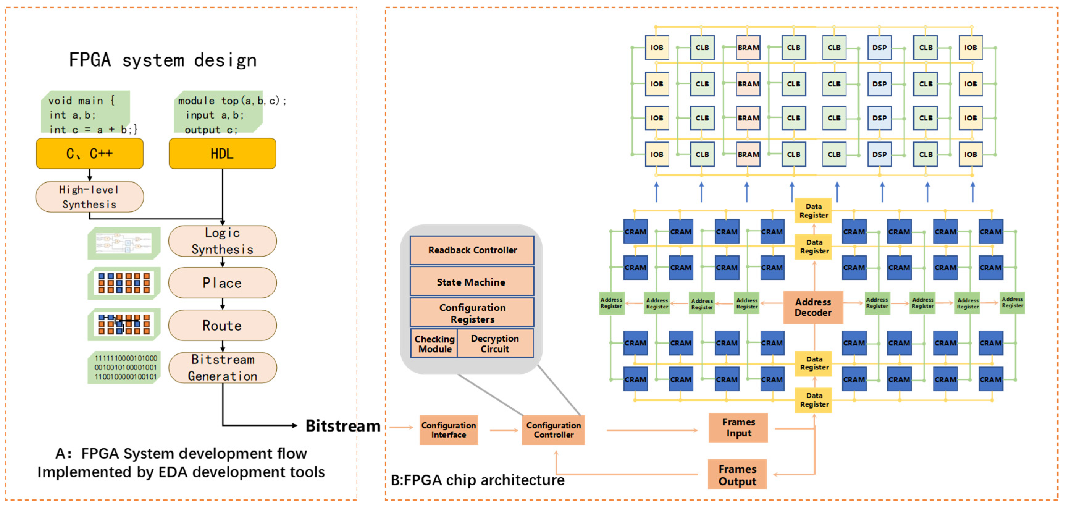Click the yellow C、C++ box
[x=90, y=154]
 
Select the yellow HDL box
[x=222, y=154]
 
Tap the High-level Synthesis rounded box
[x=90, y=197]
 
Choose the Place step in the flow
[x=222, y=283]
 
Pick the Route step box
[x=222, y=326]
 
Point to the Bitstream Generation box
[x=222, y=368]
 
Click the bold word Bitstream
[x=343, y=426]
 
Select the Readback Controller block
[x=472, y=250]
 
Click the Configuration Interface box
[x=449, y=430]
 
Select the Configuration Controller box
[x=553, y=430]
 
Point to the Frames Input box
[x=738, y=428]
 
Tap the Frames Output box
[x=737, y=475]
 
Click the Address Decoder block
[x=813, y=307]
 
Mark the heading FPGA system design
[x=163, y=60]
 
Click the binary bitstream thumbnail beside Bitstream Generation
[x=124, y=367]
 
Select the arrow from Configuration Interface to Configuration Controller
[x=504, y=430]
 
